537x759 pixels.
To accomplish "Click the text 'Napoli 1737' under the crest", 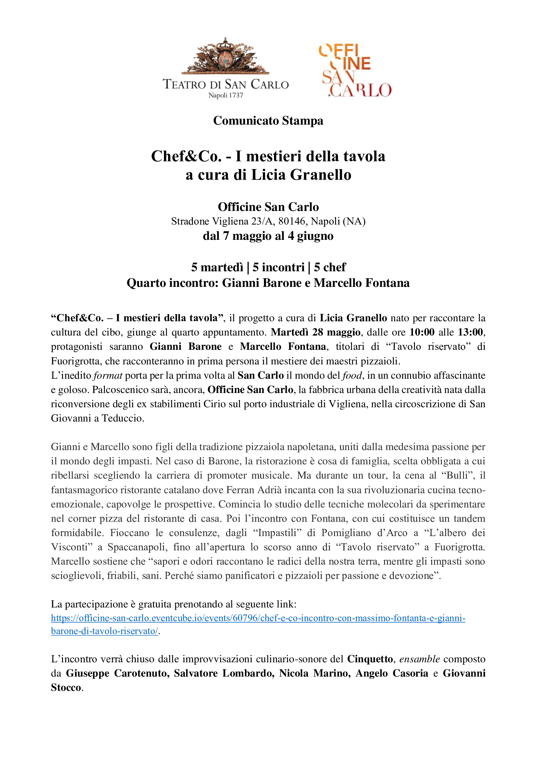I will pos(226,95).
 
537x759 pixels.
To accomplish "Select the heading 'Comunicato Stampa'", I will pos(268,121).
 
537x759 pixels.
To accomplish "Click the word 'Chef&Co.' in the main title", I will pos(186,156).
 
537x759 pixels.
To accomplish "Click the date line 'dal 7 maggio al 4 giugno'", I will pos(268,236).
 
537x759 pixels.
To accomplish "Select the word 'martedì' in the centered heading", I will pos(222,267).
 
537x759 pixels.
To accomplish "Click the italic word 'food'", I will pos(352,375).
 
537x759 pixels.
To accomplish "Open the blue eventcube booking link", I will pos(258,618).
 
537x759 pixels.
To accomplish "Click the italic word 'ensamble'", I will pos(419,659).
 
